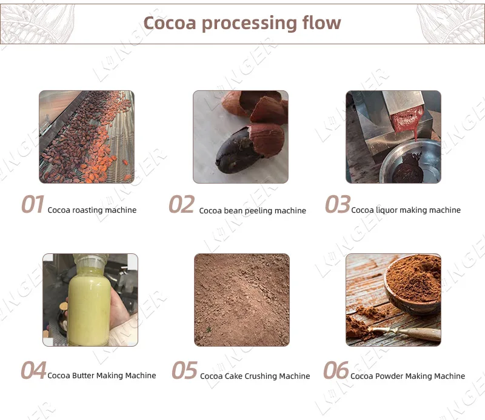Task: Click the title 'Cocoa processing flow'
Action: tap(242, 23)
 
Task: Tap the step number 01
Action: tap(33, 205)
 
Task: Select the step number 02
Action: tap(181, 205)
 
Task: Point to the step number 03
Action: tap(337, 205)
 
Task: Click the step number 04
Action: tap(33, 370)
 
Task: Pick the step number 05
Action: tap(184, 370)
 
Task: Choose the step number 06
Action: tap(336, 370)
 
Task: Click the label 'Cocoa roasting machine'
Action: tap(92, 210)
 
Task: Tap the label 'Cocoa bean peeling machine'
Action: tap(252, 211)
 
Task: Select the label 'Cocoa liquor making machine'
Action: tap(406, 210)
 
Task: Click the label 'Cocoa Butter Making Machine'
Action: tap(102, 376)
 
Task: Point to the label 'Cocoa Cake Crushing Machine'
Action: tap(255, 376)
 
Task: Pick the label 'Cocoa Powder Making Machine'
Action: tap(407, 376)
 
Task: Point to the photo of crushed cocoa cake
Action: tap(241, 299)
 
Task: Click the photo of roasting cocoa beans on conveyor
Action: tap(87, 137)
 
